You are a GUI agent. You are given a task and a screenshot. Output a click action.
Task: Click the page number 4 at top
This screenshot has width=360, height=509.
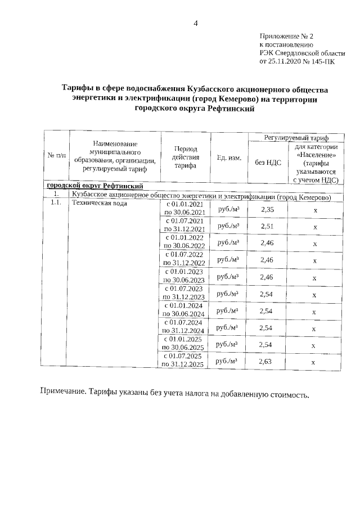coord(195,23)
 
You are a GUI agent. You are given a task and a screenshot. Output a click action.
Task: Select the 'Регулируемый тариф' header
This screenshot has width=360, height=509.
coord(297,137)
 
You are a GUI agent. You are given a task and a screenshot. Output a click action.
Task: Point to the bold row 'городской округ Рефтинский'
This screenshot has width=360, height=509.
coord(94,186)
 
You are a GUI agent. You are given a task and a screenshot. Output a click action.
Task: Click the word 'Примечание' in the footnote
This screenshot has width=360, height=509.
coord(62,392)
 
